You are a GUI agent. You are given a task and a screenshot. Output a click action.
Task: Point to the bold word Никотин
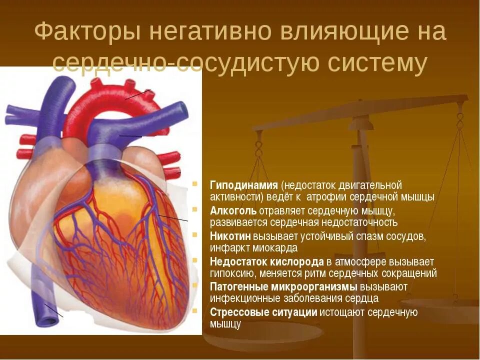point(230,236)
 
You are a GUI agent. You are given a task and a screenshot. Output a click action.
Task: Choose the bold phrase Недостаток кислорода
point(267,261)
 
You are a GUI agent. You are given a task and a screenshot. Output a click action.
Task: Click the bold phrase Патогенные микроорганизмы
point(283,287)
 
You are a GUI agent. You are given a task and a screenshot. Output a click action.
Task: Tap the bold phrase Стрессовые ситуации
point(263,312)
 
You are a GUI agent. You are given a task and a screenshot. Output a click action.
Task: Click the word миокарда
point(278,248)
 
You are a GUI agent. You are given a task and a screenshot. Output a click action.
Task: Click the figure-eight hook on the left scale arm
point(258,148)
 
